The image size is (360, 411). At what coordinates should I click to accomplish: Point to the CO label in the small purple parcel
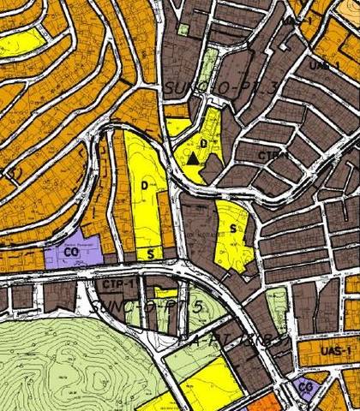305,387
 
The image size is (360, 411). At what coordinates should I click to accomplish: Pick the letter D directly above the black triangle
203,143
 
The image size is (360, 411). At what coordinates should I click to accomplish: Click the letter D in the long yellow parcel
145,185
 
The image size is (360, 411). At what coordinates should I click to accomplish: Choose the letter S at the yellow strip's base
150,253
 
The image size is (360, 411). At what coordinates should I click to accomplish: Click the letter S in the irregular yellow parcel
232,229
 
